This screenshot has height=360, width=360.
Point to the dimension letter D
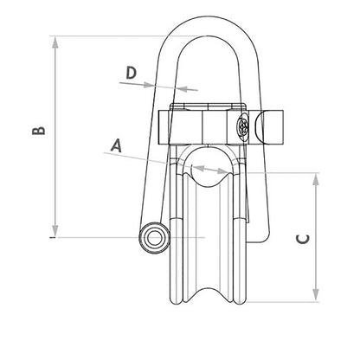[131, 73]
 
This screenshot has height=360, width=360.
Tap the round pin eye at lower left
[155, 238]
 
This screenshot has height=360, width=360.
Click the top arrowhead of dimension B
[56, 40]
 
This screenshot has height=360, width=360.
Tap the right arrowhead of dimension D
[181, 88]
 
